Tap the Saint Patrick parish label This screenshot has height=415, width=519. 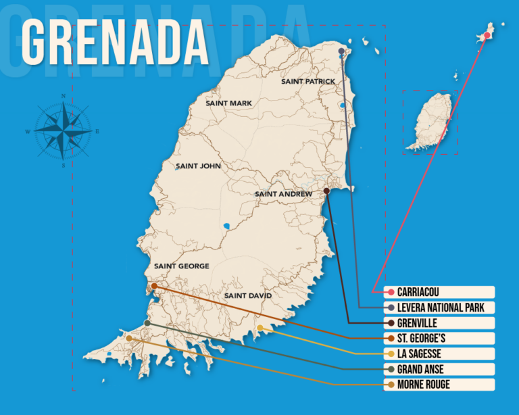307,82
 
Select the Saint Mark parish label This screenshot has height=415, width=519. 228,103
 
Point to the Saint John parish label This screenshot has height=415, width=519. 198,166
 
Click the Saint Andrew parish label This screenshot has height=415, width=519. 283,194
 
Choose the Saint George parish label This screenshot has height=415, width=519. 181,266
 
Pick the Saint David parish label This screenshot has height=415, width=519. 247,296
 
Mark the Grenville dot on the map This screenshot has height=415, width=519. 326,191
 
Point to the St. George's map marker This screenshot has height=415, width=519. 154,286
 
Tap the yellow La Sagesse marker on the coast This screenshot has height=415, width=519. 259,328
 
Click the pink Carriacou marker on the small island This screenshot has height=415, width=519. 487,35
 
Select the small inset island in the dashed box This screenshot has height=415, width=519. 430,122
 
